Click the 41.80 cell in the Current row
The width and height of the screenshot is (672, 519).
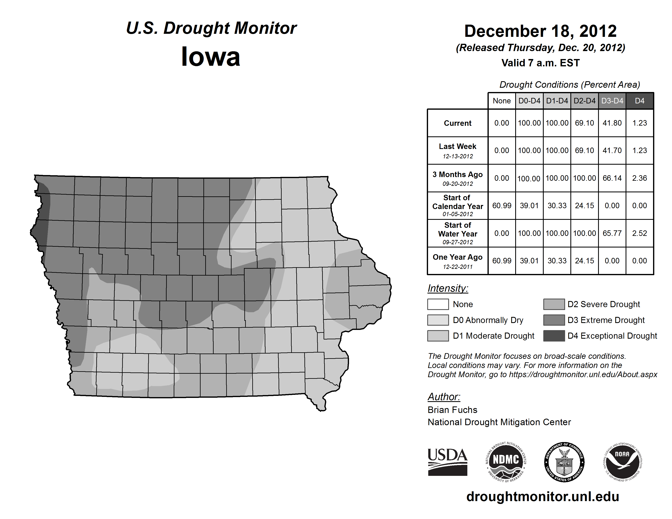click(612, 123)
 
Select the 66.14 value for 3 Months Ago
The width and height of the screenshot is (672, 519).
click(612, 178)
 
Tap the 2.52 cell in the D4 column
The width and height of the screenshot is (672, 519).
click(639, 233)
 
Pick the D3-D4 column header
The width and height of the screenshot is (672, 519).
click(612, 101)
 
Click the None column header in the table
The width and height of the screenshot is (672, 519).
click(502, 101)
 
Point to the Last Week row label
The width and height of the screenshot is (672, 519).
click(458, 150)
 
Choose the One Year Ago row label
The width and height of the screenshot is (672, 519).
click(458, 261)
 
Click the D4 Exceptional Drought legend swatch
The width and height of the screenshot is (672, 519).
click(554, 336)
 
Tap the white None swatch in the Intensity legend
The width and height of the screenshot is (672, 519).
click(438, 304)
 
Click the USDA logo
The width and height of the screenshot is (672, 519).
click(447, 462)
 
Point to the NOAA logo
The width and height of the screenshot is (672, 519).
click(622, 462)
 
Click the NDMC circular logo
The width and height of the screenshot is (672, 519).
click(506, 462)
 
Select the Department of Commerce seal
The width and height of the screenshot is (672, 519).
click(564, 462)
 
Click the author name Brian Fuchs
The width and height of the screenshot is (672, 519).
click(452, 410)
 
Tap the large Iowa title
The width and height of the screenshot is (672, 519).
click(211, 57)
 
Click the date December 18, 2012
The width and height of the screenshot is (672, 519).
click(540, 31)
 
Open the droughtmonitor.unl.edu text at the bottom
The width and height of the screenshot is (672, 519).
click(542, 497)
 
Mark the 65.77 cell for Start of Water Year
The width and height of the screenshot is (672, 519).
click(612, 233)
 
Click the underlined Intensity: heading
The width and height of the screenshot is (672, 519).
click(448, 288)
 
